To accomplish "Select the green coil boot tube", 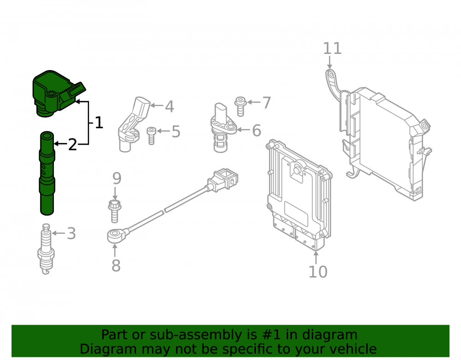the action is click(x=47, y=173).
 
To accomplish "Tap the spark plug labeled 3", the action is click(x=46, y=249).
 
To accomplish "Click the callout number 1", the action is click(x=99, y=123).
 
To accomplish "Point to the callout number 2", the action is click(x=72, y=145).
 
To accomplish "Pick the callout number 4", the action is click(x=169, y=106).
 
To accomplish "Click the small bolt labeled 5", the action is click(x=151, y=136).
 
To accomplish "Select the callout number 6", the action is click(x=257, y=130).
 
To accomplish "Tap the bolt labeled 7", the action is click(x=241, y=106).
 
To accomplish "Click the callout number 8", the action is click(x=116, y=266).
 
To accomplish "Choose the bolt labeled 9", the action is click(x=115, y=211).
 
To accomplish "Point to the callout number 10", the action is click(x=318, y=272).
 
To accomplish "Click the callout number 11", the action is click(x=332, y=48).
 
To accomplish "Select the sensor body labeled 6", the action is click(x=222, y=128).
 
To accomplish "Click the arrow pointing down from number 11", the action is click(x=330, y=63).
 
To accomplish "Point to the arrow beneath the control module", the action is click(x=316, y=258).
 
